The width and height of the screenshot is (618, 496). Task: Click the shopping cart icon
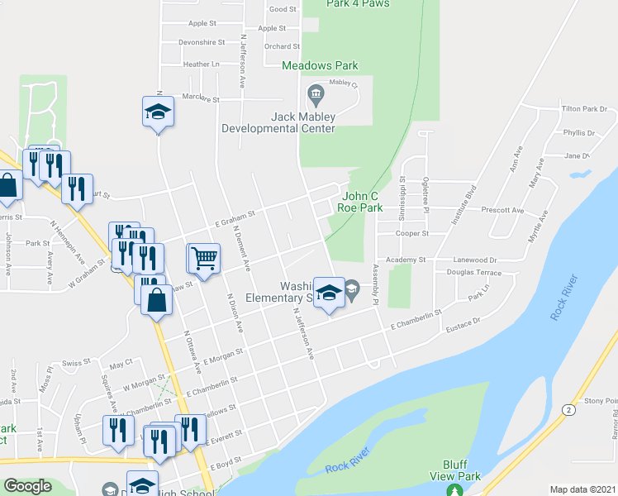click(203, 257)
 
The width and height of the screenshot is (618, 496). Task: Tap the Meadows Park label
click(319, 64)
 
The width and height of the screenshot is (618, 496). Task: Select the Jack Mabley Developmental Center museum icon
click(315, 95)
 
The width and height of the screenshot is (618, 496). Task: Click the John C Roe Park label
click(359, 202)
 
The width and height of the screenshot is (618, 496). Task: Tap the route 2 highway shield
click(568, 409)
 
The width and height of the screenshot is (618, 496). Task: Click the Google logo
click(27, 486)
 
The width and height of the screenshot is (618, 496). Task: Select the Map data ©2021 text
click(582, 489)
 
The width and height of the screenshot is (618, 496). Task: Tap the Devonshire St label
click(202, 42)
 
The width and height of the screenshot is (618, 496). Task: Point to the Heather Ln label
click(202, 64)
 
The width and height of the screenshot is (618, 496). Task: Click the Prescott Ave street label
click(502, 210)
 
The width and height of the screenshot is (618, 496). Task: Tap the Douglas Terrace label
click(473, 272)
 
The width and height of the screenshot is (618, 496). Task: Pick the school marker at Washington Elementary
click(329, 293)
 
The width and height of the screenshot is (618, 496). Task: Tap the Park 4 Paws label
click(358, 4)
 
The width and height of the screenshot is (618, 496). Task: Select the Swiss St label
click(75, 363)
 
